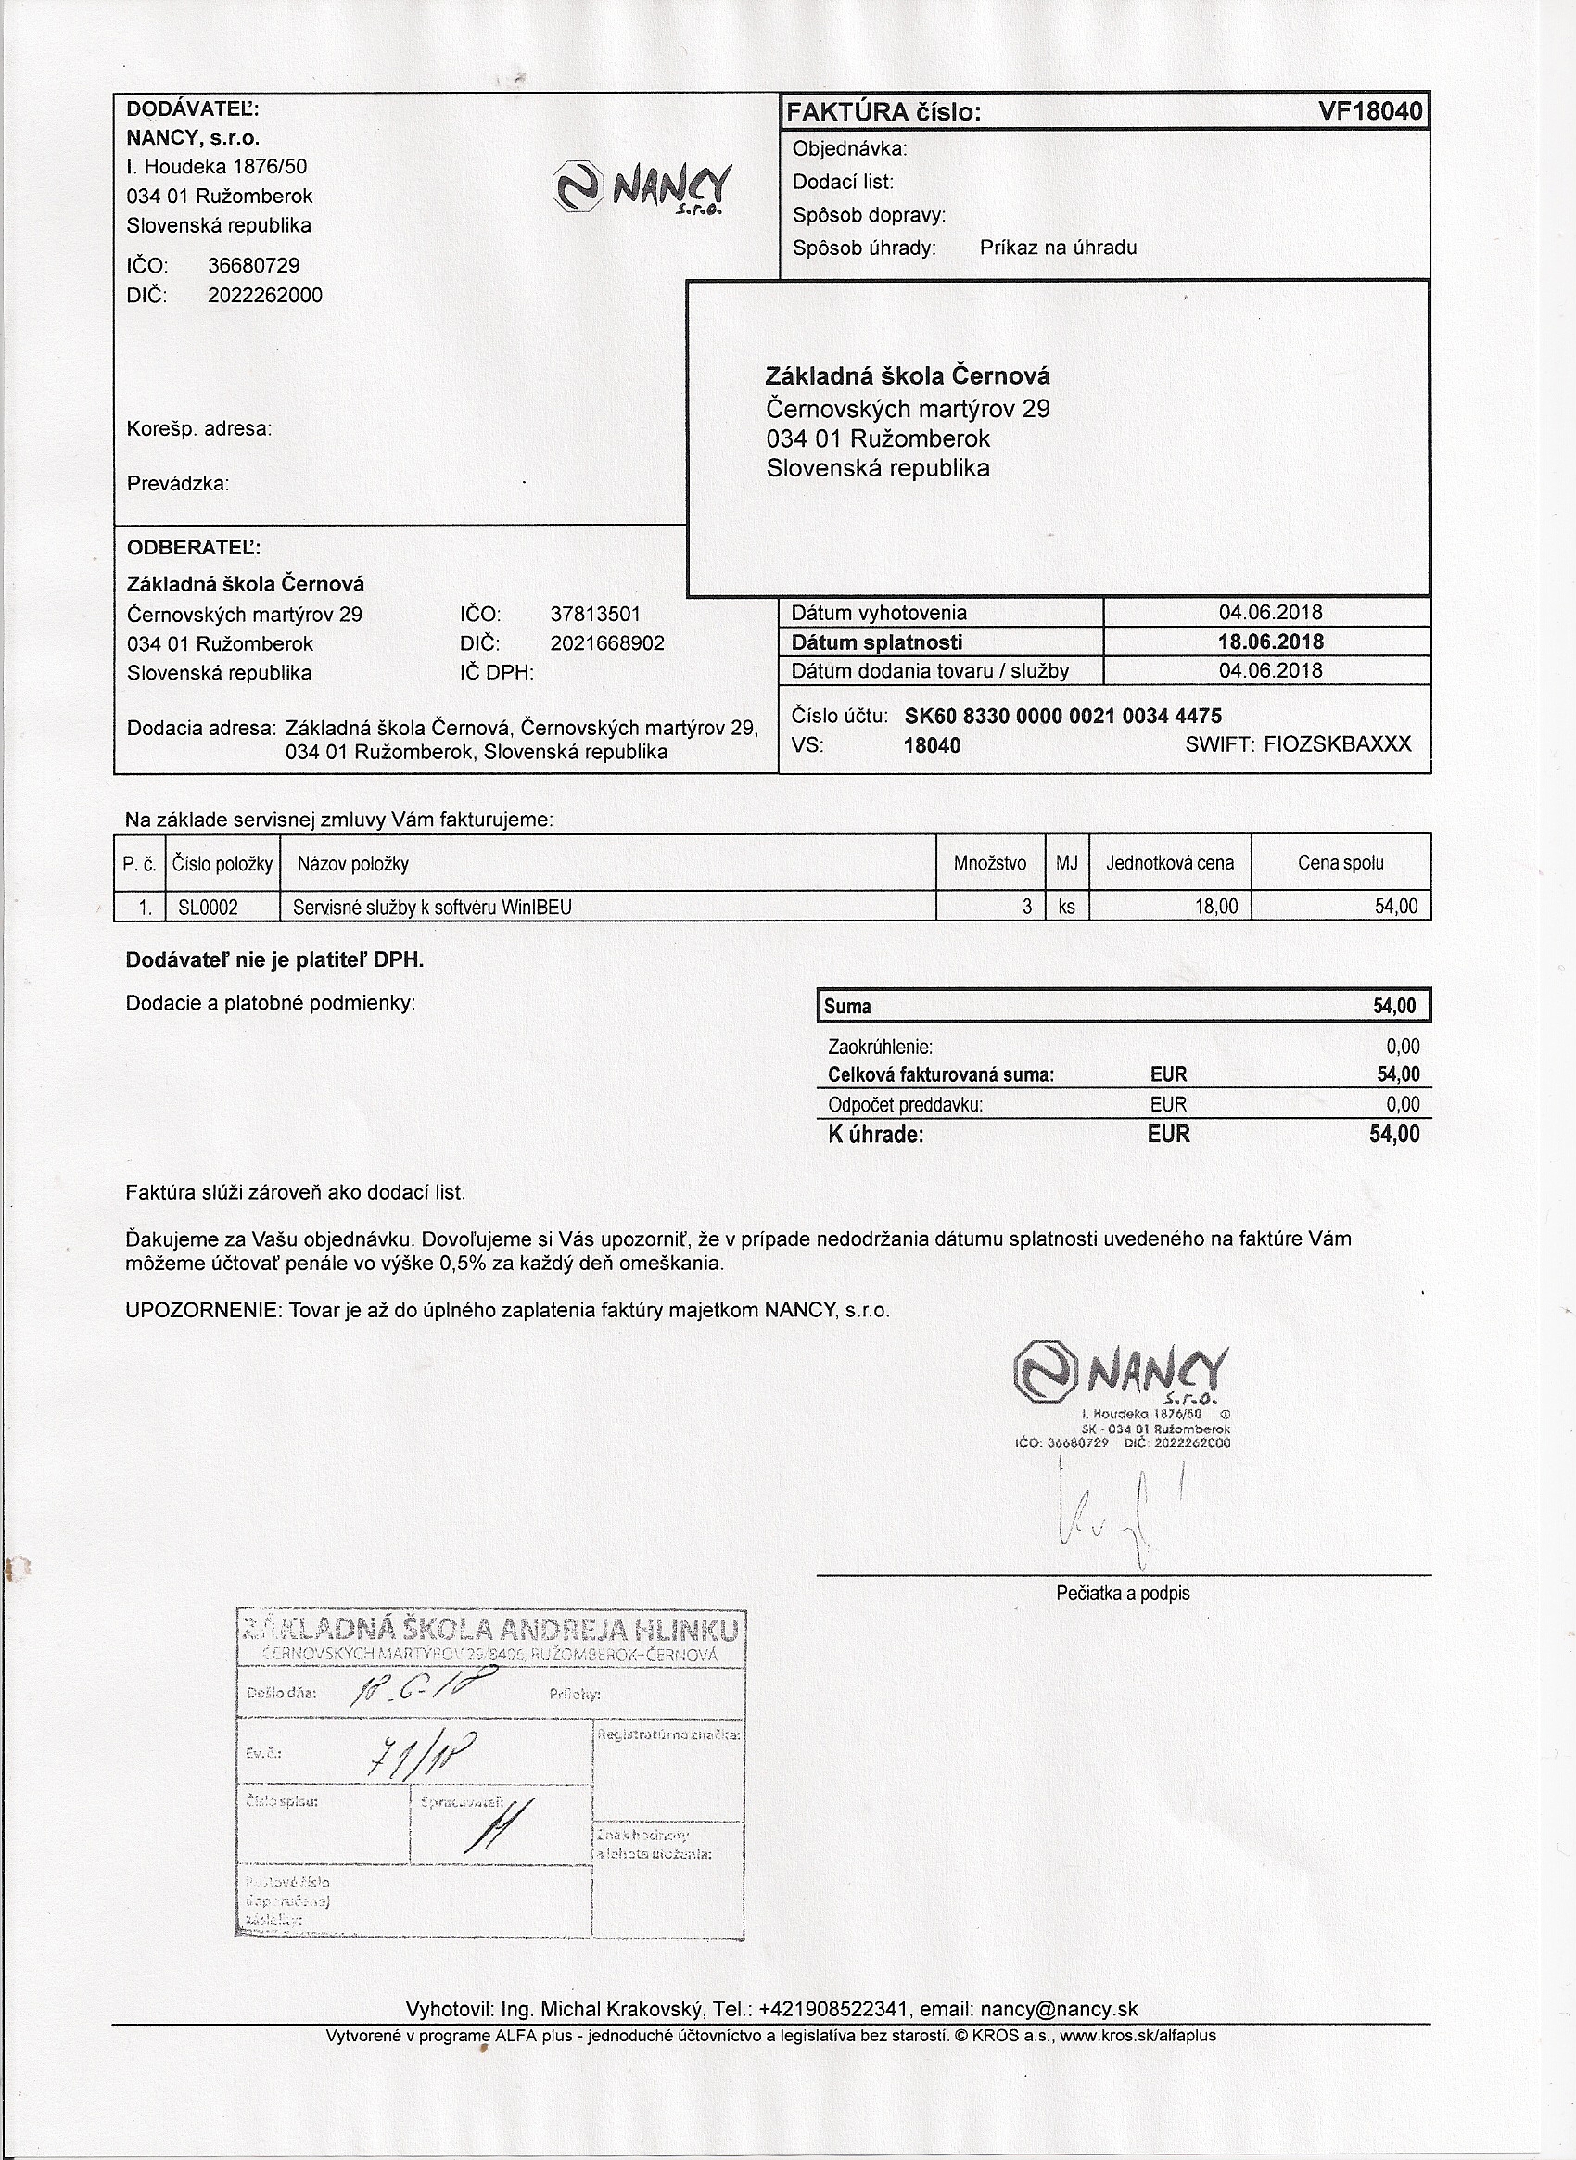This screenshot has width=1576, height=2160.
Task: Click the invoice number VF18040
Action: [x=1370, y=112]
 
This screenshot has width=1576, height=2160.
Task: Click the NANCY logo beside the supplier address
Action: [x=644, y=186]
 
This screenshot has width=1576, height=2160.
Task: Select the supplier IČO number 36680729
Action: [x=253, y=265]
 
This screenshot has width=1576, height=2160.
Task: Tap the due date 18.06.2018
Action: [x=1270, y=642]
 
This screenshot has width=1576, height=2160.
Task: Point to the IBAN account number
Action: [x=1062, y=716]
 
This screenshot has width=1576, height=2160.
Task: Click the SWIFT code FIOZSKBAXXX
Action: [x=1337, y=744]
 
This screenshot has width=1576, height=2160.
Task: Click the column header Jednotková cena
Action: [x=1170, y=863]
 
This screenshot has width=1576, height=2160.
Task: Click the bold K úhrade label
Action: [x=876, y=1135]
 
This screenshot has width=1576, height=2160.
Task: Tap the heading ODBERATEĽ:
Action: [x=194, y=548]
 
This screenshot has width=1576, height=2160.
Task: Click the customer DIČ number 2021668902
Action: [x=606, y=643]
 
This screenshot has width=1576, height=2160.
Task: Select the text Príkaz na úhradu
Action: [x=1058, y=248]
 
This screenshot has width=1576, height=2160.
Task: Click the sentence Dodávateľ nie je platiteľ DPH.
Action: [x=274, y=960]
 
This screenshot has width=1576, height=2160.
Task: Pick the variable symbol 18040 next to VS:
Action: [x=932, y=745]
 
